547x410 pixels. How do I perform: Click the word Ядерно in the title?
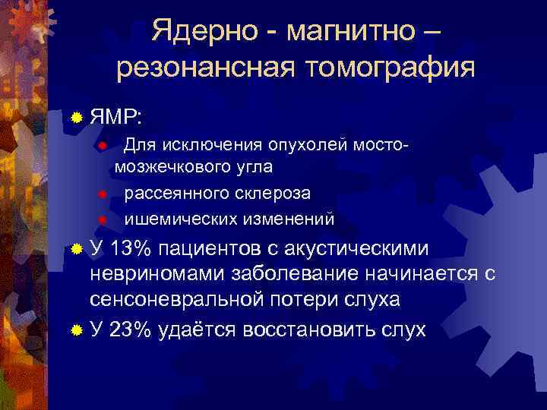click(x=200, y=31)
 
